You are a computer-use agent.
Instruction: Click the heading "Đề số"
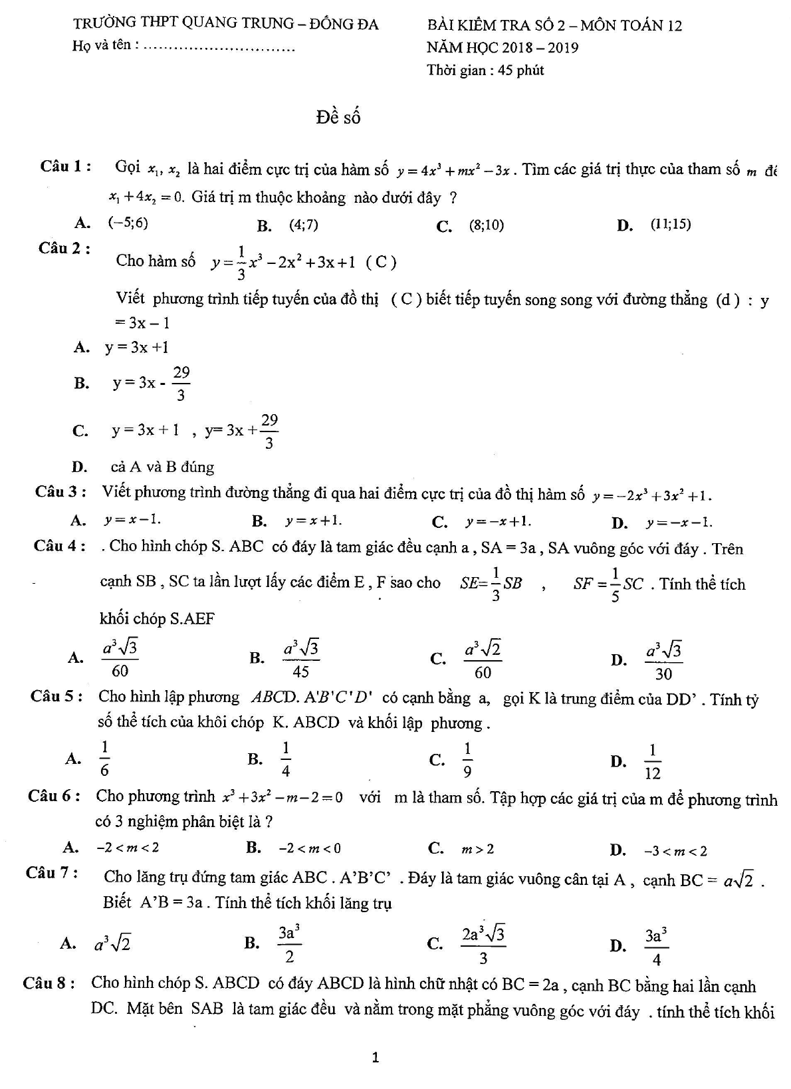338,118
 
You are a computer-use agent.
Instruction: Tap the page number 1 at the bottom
376,1056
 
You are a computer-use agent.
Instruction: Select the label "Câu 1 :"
65,166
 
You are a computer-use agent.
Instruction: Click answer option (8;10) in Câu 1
487,225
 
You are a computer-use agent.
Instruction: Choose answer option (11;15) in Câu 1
671,225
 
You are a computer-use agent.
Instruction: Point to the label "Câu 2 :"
64,249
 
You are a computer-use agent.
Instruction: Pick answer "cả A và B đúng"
162,467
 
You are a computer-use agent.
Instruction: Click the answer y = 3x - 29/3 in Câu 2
152,384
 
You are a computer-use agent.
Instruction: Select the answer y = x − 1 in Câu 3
132,520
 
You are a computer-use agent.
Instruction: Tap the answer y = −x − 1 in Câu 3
679,523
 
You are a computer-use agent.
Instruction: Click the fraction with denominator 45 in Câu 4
301,658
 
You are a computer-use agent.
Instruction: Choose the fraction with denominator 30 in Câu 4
663,660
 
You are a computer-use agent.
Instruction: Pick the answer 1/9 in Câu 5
467,759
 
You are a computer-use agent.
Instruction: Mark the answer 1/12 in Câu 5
652,761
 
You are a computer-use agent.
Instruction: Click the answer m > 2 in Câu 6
478,849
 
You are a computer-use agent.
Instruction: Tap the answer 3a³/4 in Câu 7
655,945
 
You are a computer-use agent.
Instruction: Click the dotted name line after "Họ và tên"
219,48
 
